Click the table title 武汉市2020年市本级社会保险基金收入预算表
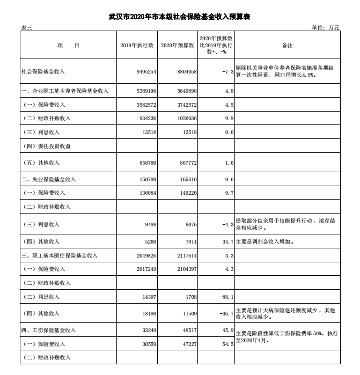180,17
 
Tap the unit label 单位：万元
326,28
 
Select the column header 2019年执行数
137,46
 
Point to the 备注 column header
287,46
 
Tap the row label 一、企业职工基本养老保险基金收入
65,91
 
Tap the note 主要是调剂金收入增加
265,242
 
